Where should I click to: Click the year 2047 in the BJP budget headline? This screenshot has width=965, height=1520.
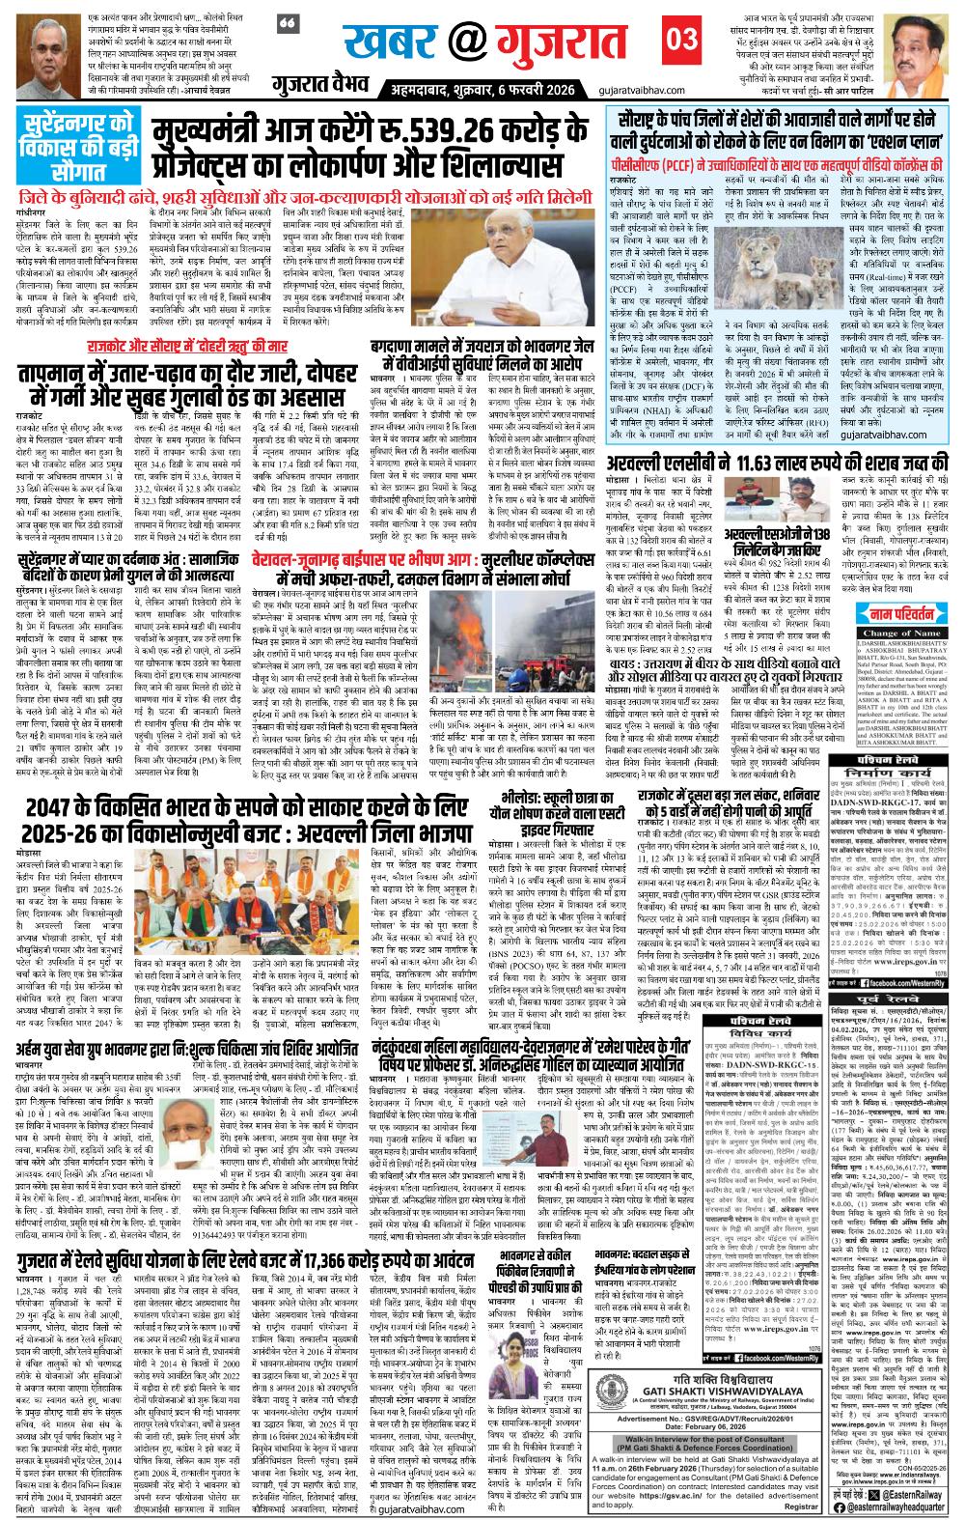coord(58,837)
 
